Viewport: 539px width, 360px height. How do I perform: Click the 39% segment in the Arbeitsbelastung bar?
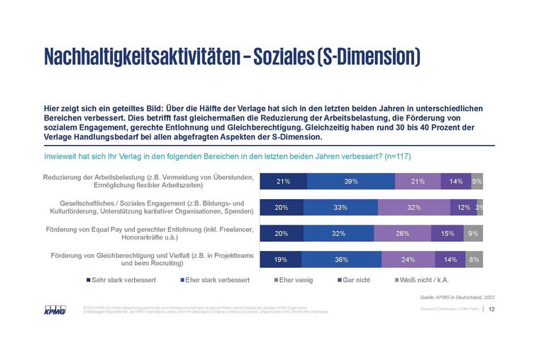coord(351,181)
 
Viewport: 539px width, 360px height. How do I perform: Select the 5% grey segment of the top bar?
coord(477,181)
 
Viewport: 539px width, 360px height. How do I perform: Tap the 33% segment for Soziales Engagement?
coord(340,208)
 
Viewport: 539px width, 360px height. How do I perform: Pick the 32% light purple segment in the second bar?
coord(413,208)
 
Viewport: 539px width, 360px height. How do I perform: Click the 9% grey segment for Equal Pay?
coord(473,234)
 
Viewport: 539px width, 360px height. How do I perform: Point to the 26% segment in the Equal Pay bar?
coord(403,234)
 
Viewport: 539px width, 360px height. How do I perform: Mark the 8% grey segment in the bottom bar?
coord(474,260)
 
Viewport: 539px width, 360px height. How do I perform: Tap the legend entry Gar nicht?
coord(355,280)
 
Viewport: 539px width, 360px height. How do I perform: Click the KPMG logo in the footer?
coord(54,310)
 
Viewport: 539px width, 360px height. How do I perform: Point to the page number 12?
coord(491,309)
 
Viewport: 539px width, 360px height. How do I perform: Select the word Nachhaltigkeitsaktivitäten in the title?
coord(140,56)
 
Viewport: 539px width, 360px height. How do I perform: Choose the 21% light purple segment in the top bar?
coord(417,181)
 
